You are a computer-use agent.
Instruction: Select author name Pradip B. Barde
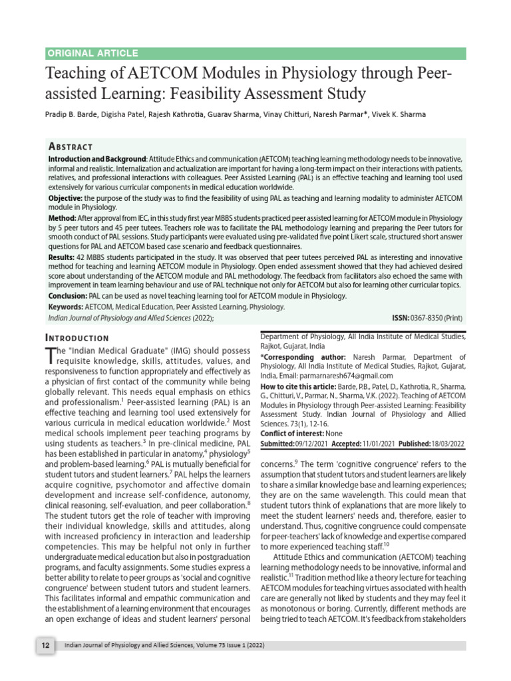pos(71,114)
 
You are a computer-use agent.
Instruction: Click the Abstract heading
pos(71,146)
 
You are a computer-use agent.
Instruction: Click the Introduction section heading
pos(77,338)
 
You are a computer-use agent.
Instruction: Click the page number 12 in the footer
pos(44,646)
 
